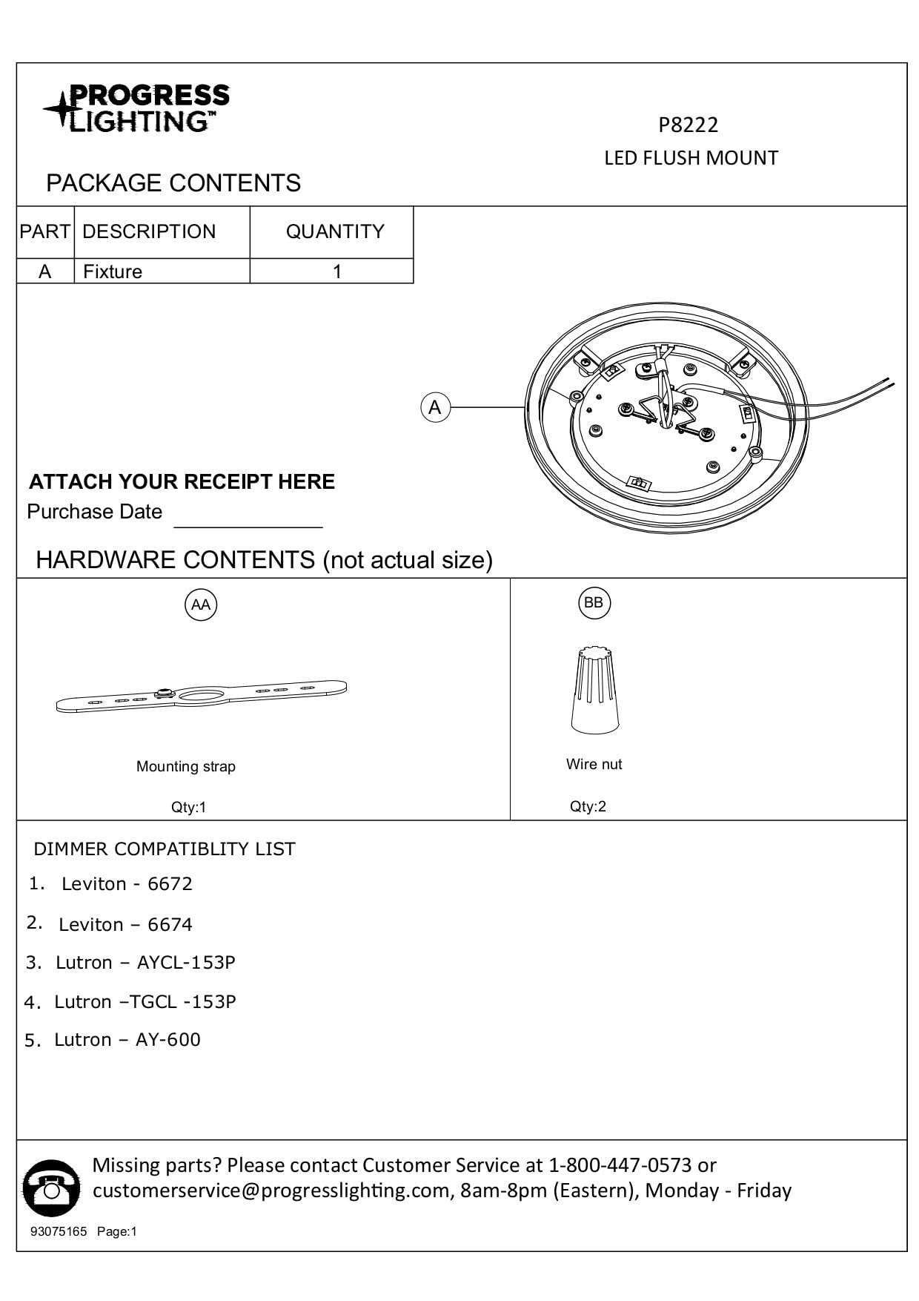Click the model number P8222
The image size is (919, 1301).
[x=689, y=125]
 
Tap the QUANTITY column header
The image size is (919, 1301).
[x=335, y=231]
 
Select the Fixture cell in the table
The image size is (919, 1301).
[x=113, y=271]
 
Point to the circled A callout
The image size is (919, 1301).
[x=435, y=407]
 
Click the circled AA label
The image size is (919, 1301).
[x=201, y=605]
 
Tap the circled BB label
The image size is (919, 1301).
[x=594, y=602]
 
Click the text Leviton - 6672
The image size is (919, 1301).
[x=127, y=884]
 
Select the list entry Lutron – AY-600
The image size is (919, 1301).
[x=127, y=1040]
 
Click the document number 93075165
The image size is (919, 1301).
[x=59, y=1231]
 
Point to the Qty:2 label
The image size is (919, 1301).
[x=588, y=806]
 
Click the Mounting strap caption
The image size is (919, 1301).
[x=186, y=766]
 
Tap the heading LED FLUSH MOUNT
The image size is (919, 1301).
[x=691, y=158]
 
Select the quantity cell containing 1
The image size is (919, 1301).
[x=337, y=271]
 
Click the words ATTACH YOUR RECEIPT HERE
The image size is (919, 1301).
[x=182, y=481]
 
